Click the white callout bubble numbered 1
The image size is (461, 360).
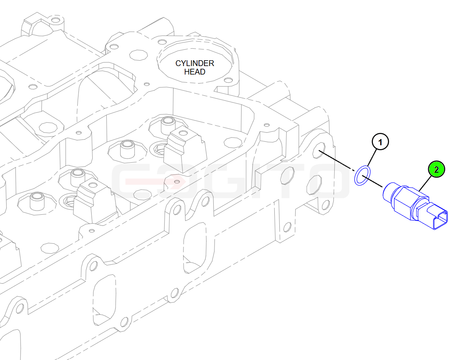380,142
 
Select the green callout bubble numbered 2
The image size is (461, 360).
436,169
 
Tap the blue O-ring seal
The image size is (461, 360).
362,175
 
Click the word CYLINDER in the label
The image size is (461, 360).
195,63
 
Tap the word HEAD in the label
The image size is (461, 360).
195,72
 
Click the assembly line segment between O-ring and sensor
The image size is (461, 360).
373,181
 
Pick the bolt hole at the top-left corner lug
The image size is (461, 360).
55,20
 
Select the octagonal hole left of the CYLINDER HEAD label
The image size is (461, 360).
138,55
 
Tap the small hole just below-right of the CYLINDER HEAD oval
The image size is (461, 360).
228,80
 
